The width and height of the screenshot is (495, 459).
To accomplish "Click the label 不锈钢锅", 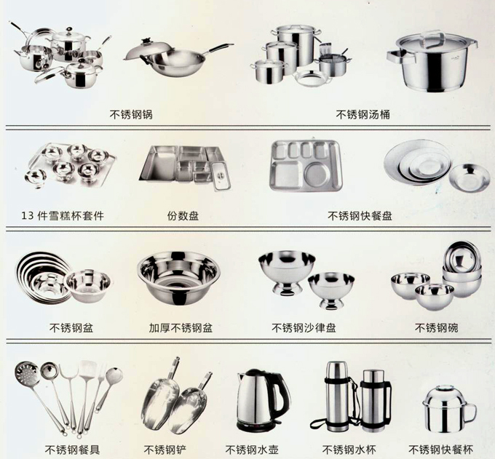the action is (x=131, y=114).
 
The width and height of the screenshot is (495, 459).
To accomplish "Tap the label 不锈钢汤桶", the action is (x=363, y=114).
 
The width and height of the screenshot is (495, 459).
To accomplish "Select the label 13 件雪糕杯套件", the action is (x=63, y=216).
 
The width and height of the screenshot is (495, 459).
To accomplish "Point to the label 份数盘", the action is (x=183, y=216).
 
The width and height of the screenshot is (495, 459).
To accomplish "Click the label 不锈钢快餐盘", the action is (x=360, y=216).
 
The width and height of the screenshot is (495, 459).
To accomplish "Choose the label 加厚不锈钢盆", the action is (x=181, y=328).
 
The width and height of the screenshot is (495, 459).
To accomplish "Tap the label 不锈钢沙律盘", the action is (x=304, y=328).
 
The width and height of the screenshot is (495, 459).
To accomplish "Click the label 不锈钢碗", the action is (x=436, y=328).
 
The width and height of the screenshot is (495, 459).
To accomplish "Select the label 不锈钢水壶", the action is (x=252, y=450).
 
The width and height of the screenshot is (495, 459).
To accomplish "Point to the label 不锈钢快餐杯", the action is (x=440, y=450).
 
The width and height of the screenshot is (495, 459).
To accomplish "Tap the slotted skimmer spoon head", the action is (x=26, y=372).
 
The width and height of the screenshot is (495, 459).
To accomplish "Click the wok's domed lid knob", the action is (x=146, y=41).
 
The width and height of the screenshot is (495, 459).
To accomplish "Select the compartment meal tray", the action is (x=306, y=166).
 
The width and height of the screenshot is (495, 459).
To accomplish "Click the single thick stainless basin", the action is (x=178, y=278).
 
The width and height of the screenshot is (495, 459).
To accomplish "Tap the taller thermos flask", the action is (x=336, y=396).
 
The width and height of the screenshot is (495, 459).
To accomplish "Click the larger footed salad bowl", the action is (x=287, y=271).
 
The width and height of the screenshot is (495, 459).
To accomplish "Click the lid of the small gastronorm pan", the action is (x=221, y=176).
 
